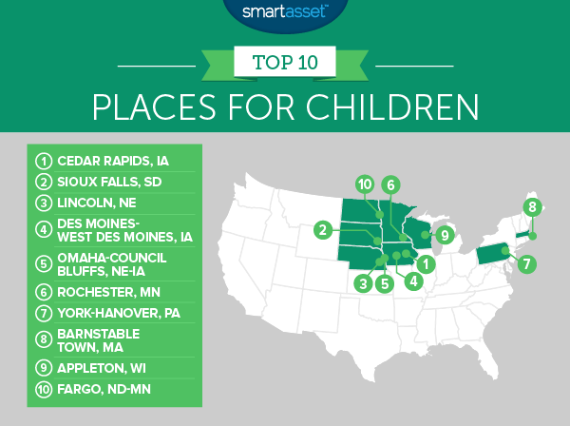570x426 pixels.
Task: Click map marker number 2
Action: (324, 228)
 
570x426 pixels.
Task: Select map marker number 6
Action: (389, 184)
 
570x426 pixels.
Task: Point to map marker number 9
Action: (444, 235)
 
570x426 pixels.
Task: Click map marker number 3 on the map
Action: (362, 282)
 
